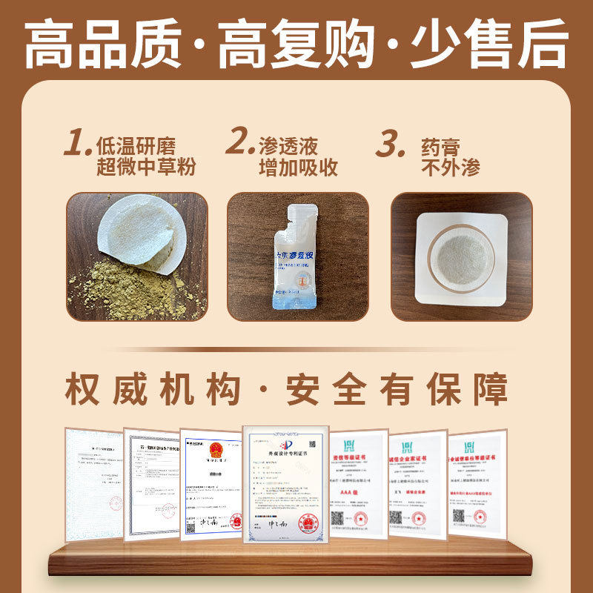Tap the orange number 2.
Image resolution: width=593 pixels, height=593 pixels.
tap(240, 143)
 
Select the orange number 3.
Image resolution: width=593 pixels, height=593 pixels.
tap(391, 143)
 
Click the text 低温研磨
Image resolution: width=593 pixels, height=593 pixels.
tap(136, 144)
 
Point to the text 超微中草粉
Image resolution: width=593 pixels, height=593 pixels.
tap(146, 167)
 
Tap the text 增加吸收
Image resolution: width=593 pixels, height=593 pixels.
tap(298, 167)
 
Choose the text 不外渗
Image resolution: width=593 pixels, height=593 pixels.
tap(450, 167)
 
